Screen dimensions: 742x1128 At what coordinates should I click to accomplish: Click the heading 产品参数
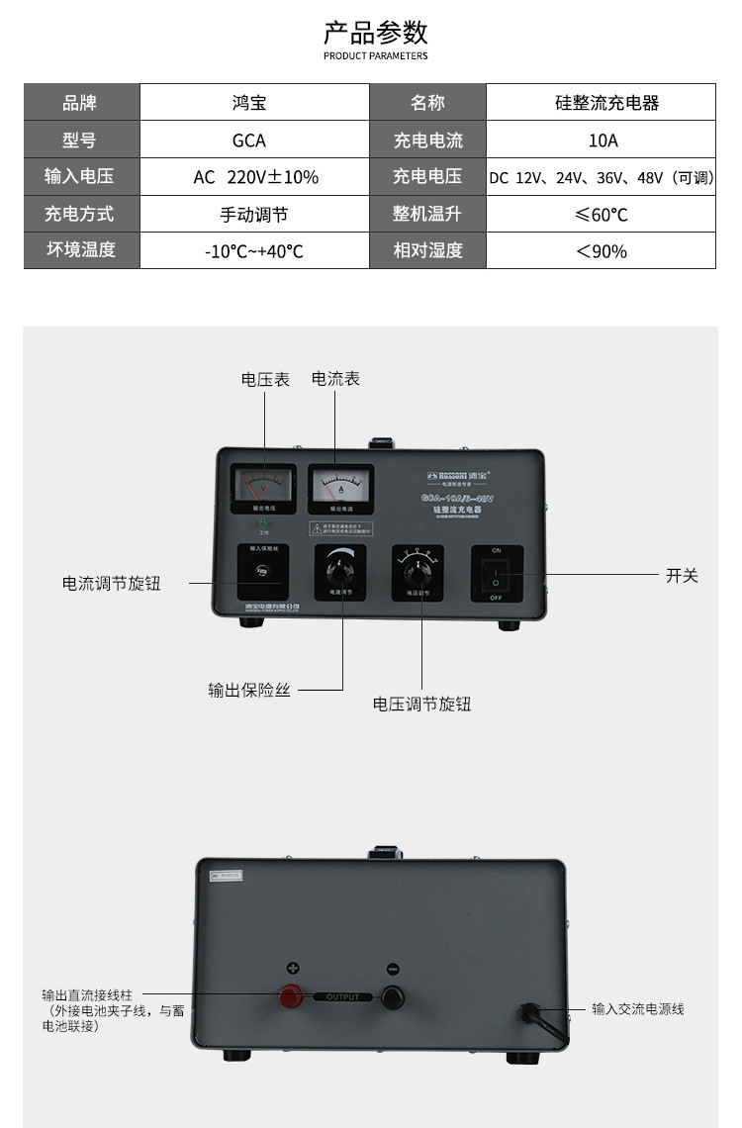click(x=376, y=33)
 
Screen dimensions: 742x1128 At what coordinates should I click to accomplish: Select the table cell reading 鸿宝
click(x=248, y=103)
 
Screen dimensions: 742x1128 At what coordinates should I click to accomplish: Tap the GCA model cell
click(x=248, y=141)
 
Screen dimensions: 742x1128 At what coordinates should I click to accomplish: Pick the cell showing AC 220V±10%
click(x=255, y=177)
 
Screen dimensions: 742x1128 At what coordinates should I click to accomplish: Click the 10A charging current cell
click(x=603, y=141)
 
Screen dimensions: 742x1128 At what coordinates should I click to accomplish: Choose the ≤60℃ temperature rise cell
click(x=602, y=214)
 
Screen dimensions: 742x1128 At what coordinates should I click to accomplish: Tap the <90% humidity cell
click(x=602, y=251)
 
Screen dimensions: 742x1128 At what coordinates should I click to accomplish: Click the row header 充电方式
click(x=79, y=214)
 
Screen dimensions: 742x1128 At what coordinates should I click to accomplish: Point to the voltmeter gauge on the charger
click(x=263, y=485)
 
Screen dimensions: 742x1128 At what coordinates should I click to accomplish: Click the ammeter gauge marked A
click(x=340, y=485)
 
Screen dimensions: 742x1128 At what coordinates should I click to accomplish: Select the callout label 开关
click(x=682, y=576)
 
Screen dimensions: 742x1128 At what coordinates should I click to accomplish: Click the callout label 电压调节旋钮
click(x=421, y=705)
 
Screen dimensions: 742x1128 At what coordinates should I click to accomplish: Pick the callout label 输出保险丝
click(x=249, y=691)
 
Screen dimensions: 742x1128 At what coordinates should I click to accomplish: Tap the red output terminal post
click(x=293, y=994)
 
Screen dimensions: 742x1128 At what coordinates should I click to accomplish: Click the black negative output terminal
click(x=393, y=995)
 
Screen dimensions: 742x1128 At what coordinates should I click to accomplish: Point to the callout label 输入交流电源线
click(x=638, y=1009)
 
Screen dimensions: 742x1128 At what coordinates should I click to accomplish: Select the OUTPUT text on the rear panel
click(x=343, y=997)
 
